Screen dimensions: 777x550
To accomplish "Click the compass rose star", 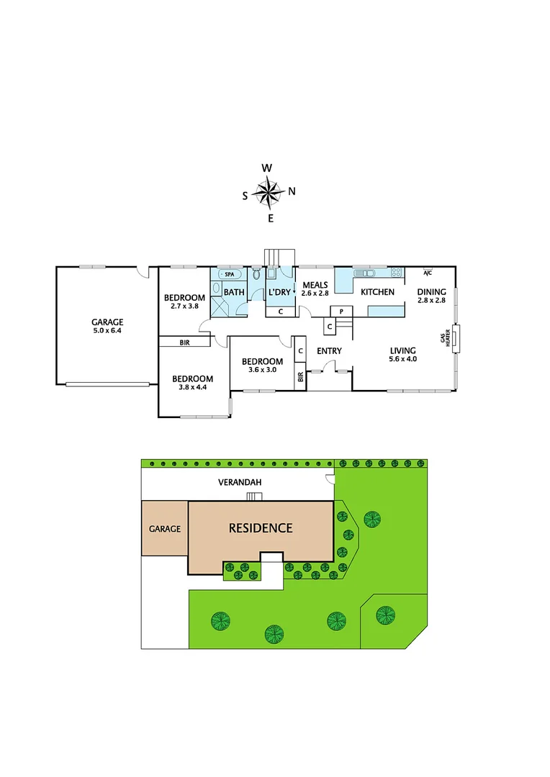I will point(269,192).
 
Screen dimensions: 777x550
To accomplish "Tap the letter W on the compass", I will point(267,168).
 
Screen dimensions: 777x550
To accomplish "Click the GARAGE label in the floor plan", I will point(107,322).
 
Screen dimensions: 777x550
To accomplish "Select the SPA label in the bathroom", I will point(230,275).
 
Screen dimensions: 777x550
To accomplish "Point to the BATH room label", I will point(233,292).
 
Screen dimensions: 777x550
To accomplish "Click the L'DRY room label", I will point(279,292).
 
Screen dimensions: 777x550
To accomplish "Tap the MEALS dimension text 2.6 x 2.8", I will point(315,294).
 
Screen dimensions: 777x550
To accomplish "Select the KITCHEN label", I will point(377,292).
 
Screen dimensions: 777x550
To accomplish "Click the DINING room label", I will point(432,291).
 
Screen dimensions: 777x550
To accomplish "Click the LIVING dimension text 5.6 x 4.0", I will point(402,359).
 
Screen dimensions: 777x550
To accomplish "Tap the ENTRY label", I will point(329,351).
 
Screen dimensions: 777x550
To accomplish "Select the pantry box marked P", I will point(341,311).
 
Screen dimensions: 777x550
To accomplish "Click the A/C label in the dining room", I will point(427,273).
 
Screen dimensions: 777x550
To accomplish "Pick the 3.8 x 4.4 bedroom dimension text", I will point(192,388).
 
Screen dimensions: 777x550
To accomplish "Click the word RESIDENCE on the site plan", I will point(261,528).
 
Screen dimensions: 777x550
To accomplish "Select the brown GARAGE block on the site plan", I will point(164,528).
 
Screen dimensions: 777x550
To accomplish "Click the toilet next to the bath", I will point(256,274).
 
